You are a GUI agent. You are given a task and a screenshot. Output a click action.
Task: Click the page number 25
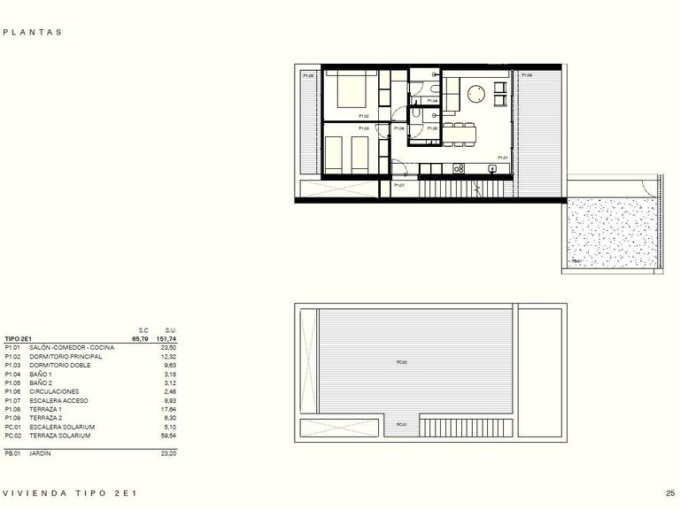[670, 493]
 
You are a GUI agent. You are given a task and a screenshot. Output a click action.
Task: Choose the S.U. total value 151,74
[166, 338]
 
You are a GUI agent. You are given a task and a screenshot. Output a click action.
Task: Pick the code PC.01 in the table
[13, 427]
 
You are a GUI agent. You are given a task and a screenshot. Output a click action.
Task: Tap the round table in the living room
[475, 92]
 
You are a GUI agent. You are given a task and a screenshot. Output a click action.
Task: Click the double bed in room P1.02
[352, 90]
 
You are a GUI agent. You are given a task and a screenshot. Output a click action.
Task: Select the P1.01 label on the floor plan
[502, 158]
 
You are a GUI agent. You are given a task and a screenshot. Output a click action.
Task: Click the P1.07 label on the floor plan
[399, 185]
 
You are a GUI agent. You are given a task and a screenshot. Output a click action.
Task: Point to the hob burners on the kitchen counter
[460, 167]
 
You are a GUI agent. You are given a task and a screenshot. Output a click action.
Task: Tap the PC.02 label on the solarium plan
[401, 362]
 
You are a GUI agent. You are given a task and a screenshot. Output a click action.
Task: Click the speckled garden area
[611, 232]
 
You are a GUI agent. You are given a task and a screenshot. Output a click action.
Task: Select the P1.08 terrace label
[527, 76]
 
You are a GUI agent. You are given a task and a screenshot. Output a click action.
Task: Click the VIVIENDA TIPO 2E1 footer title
[70, 493]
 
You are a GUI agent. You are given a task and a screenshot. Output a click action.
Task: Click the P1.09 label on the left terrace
[308, 76]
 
